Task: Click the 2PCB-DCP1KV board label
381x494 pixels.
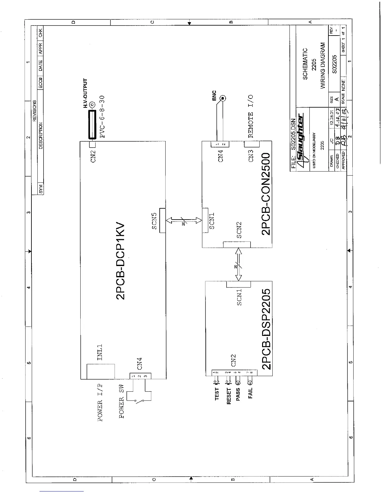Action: point(120,261)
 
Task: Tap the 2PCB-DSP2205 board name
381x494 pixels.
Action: point(267,329)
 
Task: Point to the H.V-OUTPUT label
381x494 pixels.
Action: point(86,93)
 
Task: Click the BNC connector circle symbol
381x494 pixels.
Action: point(222,99)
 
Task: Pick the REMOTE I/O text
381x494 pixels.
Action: point(251,116)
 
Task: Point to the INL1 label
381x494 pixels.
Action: point(100,352)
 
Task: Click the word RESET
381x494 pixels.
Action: point(229,396)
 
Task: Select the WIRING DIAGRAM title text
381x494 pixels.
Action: point(322,65)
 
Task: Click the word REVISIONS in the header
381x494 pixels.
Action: point(35,110)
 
